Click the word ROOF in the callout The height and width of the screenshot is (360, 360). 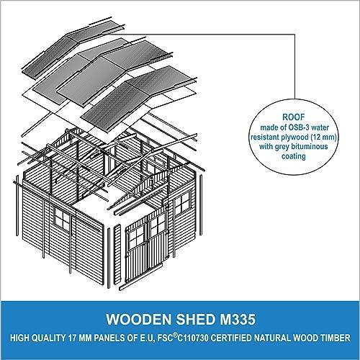[293, 117]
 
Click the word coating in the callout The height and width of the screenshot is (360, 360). [294, 156]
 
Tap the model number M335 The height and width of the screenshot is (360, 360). [237, 320]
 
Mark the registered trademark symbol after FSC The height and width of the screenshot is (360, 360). [175, 336]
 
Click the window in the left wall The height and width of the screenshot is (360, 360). [61, 219]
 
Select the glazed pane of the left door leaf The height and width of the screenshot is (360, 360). [135, 236]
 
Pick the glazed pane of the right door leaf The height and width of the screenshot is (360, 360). [157, 225]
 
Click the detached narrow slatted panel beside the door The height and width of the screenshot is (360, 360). [117, 255]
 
